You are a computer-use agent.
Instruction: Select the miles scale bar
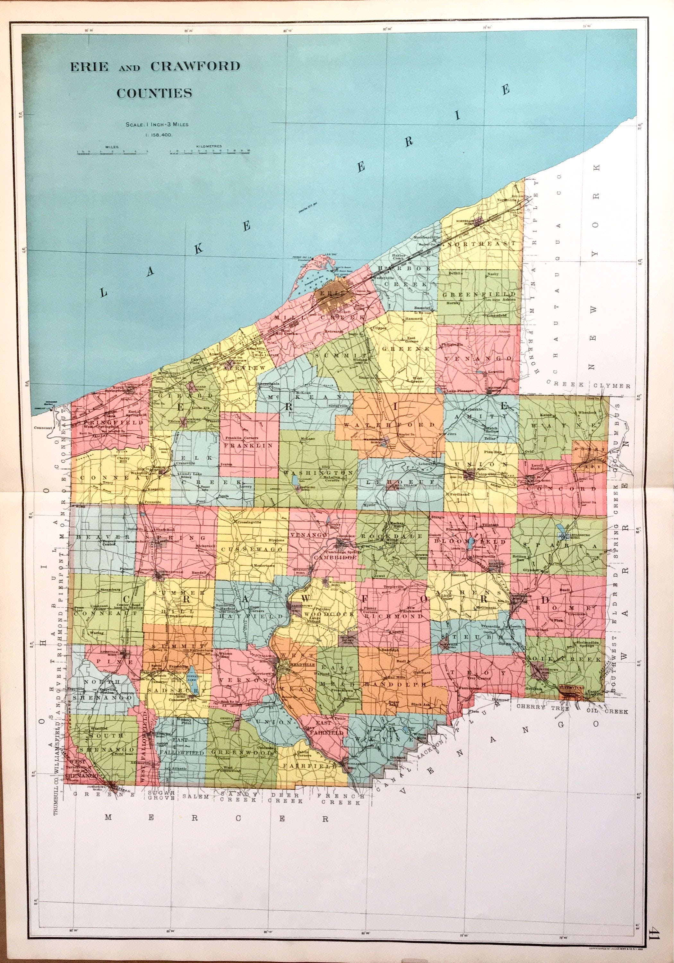tap(112, 153)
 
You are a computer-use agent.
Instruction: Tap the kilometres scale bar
tap(210, 153)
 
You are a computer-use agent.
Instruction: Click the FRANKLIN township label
tap(249, 446)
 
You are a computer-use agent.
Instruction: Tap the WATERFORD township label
tap(389, 425)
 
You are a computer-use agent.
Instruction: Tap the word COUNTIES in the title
tap(154, 93)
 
